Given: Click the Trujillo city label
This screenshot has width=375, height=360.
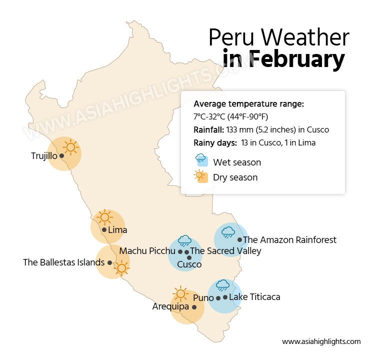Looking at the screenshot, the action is (x=44, y=156).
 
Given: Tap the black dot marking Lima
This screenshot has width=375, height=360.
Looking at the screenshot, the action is (x=104, y=230).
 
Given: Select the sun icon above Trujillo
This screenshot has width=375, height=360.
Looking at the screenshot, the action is (x=70, y=147).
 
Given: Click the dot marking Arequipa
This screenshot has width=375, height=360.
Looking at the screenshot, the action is (x=194, y=307).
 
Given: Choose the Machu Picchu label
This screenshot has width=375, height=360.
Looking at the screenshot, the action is (x=147, y=250).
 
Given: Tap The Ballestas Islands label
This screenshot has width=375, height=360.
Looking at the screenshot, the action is (x=64, y=262).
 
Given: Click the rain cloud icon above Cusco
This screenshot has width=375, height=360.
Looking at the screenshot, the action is (x=184, y=240).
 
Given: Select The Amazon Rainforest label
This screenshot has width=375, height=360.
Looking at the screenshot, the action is (x=290, y=240).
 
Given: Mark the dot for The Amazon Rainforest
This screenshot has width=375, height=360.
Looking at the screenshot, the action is (x=239, y=240).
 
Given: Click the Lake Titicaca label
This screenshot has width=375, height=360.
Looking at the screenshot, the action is (x=254, y=297).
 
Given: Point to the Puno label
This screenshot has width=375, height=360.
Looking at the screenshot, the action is (x=203, y=298).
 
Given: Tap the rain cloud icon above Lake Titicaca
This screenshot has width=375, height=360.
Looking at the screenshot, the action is (x=222, y=285).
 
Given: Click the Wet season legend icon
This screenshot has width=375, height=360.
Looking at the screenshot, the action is (x=202, y=160).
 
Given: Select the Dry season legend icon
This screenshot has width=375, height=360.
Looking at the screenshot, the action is (x=202, y=176).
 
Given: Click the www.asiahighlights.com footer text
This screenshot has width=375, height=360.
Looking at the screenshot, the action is (x=321, y=341).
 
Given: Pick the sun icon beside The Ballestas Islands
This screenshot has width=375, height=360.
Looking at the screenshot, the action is (x=121, y=268).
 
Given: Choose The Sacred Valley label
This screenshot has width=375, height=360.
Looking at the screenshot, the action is (x=225, y=250).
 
